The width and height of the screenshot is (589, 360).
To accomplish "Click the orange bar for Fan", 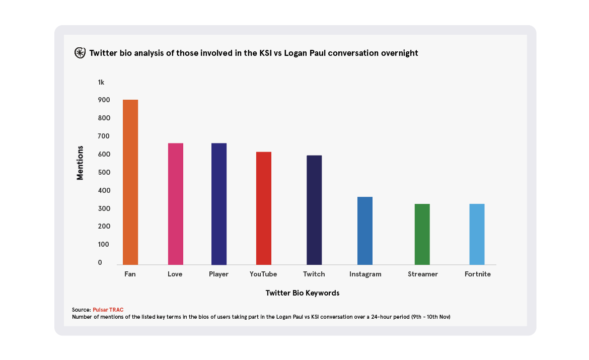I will [x=130, y=182].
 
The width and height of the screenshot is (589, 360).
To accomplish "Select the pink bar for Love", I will [x=175, y=203].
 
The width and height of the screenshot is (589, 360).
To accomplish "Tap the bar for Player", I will [x=219, y=203].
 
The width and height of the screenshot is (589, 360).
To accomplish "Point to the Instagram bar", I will [x=365, y=231].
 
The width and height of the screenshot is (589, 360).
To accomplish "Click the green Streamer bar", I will [x=422, y=234].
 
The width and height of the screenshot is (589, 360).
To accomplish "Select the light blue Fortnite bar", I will [x=477, y=234].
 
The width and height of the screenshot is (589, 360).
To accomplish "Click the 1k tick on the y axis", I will [x=101, y=82].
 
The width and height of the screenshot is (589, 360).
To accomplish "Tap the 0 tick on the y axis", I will [x=100, y=262].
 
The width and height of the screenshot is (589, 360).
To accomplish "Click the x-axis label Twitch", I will [x=314, y=274].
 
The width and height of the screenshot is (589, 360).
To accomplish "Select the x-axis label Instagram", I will [x=365, y=274].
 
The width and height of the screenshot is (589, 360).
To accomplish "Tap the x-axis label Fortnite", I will [x=477, y=274].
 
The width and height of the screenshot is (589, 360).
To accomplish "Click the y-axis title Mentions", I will [x=80, y=163].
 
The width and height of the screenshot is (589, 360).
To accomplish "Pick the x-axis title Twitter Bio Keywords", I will [x=302, y=293].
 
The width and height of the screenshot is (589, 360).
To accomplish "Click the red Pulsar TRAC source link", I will [x=108, y=310].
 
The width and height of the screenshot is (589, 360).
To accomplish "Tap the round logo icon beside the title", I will [x=80, y=52].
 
